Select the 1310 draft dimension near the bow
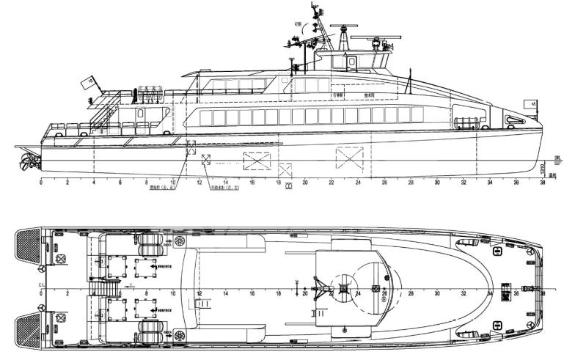[542, 168]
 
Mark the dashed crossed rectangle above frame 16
[256, 160]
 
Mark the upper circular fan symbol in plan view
[180, 240]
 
